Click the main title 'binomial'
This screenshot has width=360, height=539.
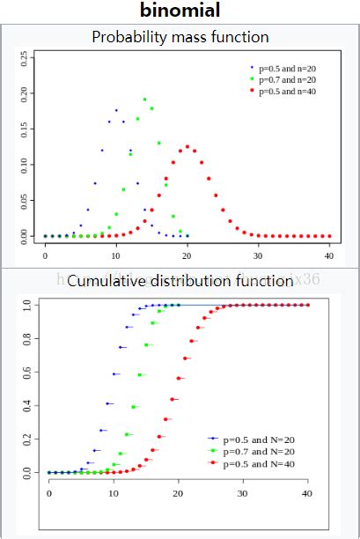click(180, 11)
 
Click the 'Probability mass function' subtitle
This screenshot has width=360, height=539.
click(180, 37)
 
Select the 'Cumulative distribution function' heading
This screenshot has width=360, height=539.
click(180, 281)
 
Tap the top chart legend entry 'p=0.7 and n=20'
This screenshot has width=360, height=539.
click(288, 79)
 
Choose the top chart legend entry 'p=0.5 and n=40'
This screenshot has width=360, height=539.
click(288, 91)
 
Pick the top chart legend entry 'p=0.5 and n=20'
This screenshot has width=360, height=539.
click(288, 68)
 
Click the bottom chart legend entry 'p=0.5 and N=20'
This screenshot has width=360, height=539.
click(260, 438)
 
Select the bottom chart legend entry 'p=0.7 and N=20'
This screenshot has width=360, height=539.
click(260, 450)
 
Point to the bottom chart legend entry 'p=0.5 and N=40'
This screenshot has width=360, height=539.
click(260, 463)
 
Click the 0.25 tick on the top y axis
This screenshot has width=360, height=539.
click(33, 57)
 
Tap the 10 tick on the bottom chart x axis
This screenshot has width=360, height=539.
click(114, 496)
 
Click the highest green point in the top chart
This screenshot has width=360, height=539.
click(144, 100)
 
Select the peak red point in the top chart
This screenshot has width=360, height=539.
click(187, 146)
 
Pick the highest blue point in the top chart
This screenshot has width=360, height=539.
click(116, 110)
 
